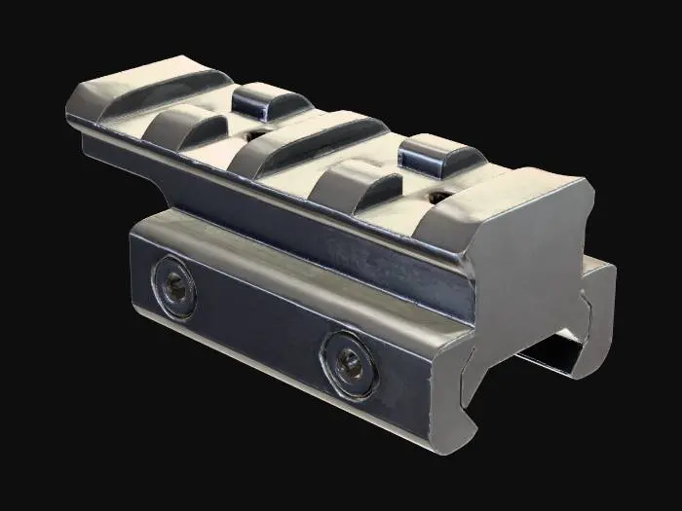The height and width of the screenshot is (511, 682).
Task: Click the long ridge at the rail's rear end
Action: (x=136, y=92)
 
